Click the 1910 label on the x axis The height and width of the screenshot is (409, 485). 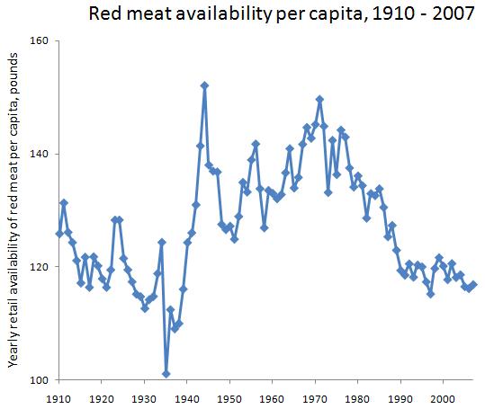pos(58,396)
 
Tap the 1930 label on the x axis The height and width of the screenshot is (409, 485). pos(144,396)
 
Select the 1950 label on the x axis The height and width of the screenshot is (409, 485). pos(229,396)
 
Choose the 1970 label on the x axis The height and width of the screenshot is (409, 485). pos(315,396)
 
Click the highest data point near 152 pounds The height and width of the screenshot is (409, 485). pos(204,85)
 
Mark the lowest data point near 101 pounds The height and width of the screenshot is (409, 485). pos(166,373)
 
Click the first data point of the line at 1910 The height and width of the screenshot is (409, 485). pos(59,234)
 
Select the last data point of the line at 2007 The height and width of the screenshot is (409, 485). pos(473,285)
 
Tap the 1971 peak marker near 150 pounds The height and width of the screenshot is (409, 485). pos(319,99)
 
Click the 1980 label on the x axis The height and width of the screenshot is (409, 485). pos(358,396)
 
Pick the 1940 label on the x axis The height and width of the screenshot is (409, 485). pos(187,396)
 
